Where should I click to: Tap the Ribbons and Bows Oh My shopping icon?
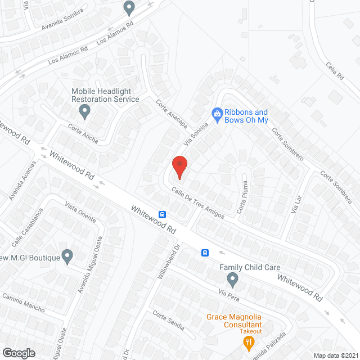pyautogui.click(x=217, y=114)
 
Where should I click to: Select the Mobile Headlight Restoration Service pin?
pyautogui.click(x=84, y=110)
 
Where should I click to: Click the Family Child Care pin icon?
pyautogui.click(x=232, y=278)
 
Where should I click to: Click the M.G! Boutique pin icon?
pyautogui.click(x=67, y=256)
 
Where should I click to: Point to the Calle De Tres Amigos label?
pyautogui.click(x=197, y=202)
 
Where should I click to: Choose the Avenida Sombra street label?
pyautogui.click(x=62, y=19)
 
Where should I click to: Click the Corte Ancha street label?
pyautogui.click(x=83, y=133)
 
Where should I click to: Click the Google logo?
pyautogui.click(x=18, y=353)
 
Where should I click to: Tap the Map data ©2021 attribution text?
pyautogui.click(x=335, y=355)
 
